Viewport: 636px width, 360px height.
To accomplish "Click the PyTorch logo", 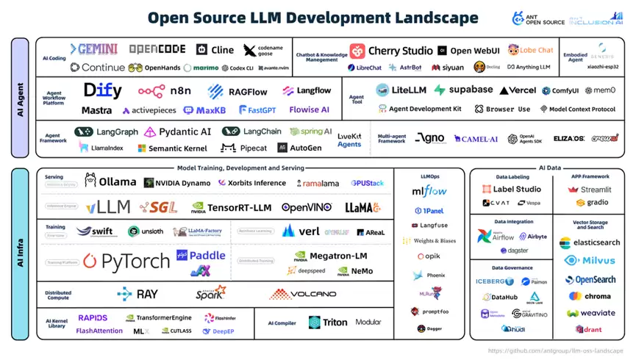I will coord(126,261).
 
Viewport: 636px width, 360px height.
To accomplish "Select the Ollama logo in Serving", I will coord(111,181).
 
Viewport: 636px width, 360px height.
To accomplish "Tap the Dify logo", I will coord(102,91).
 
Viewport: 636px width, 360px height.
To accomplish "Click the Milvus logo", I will coord(590,261).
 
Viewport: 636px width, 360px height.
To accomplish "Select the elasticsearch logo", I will coord(590,242).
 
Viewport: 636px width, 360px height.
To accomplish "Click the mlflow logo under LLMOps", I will coord(429,192).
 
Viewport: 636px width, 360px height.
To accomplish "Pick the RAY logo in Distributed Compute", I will coord(137,294).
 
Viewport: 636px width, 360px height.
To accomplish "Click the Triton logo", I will coord(329,322).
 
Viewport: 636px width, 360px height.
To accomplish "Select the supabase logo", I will coord(463,90).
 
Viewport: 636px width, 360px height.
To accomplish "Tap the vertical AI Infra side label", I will coord(21,253).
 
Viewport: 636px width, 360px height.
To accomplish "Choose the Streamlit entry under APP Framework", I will coord(590,189).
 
